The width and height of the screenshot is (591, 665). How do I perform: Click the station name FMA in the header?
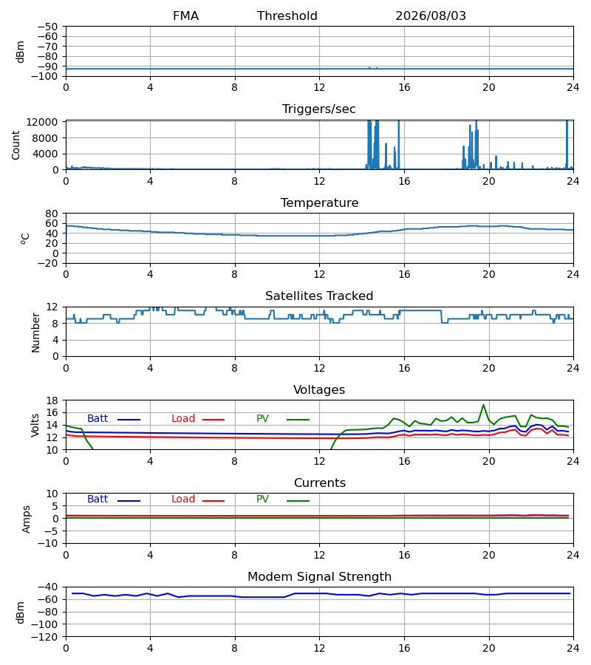tap(185, 16)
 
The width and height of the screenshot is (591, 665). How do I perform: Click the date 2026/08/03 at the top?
tap(430, 16)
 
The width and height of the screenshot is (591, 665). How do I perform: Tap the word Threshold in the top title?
tap(287, 16)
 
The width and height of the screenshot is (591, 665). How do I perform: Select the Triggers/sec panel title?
tap(319, 109)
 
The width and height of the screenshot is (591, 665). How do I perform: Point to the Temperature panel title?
tap(319, 202)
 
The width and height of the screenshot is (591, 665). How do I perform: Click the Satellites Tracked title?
tap(319, 296)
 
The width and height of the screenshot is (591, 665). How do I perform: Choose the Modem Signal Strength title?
tap(319, 577)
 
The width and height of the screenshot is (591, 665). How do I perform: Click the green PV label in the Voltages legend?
tap(262, 419)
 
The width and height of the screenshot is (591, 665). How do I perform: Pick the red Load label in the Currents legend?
tap(183, 499)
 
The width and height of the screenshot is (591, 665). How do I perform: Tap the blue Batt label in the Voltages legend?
tap(98, 419)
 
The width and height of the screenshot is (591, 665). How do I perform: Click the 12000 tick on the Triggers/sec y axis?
tap(42, 122)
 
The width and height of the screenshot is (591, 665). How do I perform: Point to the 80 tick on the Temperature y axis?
tap(52, 214)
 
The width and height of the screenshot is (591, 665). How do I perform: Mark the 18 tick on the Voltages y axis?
tap(52, 400)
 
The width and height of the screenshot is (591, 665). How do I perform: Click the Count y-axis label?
tap(16, 145)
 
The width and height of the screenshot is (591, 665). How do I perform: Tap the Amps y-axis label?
tap(27, 519)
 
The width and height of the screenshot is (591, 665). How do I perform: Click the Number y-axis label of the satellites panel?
tap(35, 332)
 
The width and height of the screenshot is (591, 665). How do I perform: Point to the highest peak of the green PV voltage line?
tap(483, 405)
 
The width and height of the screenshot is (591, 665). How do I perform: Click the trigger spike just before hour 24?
tap(567, 144)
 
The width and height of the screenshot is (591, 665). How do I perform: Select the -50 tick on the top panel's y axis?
tap(48, 27)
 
